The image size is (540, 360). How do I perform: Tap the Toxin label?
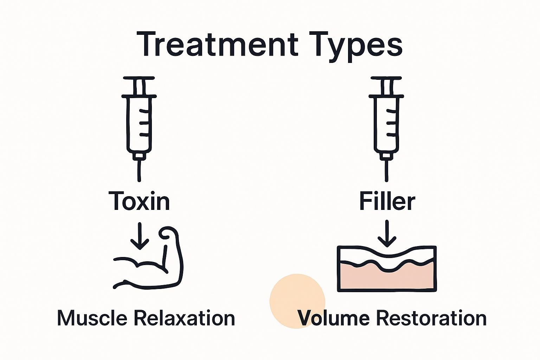coord(139,201)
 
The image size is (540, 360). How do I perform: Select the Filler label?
coord(387,201)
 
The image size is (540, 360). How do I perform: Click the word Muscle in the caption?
coord(92,318)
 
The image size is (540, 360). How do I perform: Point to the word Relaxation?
coord(185,318)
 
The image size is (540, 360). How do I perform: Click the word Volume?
coord(333,318)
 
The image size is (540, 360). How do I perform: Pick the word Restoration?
coord(431,318)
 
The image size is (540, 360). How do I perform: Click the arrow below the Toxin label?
coord(140,236)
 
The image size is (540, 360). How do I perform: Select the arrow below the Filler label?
coord(387,233)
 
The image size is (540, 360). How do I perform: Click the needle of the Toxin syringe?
coord(139,170)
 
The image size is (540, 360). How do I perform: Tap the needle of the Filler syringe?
coord(387,170)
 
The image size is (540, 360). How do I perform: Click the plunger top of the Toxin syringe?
coord(139,78)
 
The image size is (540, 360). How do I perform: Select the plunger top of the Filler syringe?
coord(386,78)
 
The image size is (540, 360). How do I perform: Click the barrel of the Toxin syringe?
coord(139,123)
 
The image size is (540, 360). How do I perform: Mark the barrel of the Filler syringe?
coord(386,123)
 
